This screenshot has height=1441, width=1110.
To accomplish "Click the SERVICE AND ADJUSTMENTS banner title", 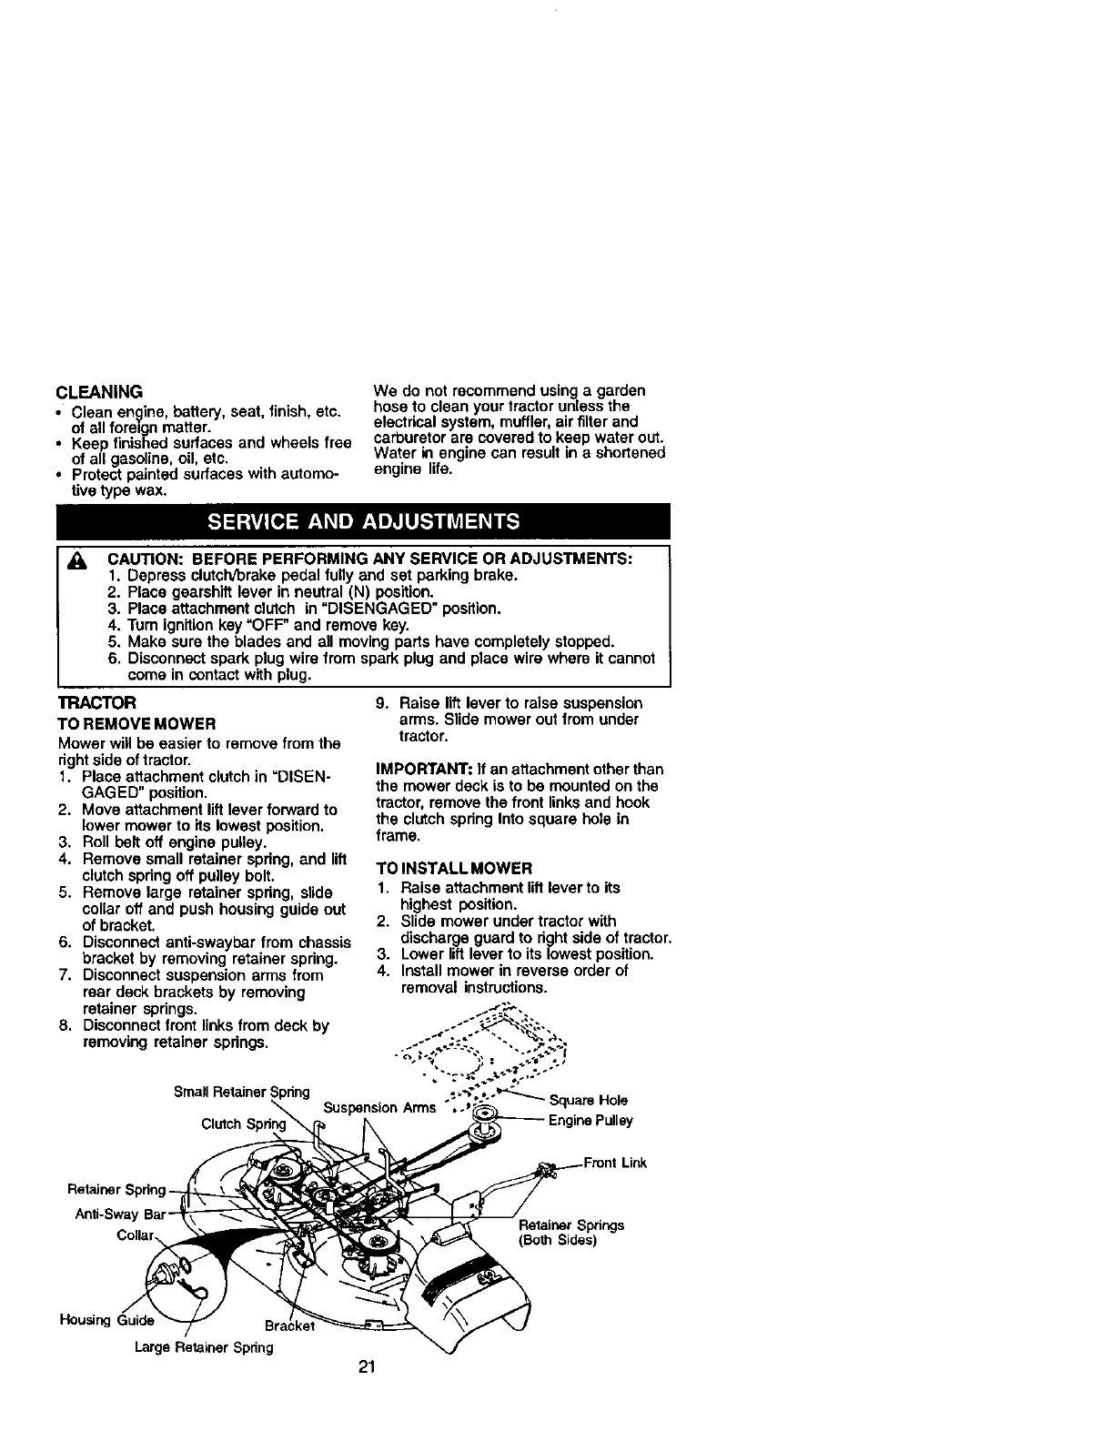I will point(364,521).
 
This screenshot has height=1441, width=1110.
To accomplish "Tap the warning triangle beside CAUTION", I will point(77,560).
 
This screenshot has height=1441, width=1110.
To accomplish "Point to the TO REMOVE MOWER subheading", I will point(136,724).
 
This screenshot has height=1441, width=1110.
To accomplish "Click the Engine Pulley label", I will point(590,1121).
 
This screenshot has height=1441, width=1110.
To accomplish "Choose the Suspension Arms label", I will point(373,1108).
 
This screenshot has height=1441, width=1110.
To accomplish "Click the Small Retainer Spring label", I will point(241,1092).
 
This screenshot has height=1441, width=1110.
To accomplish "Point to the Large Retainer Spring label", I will point(203,1347).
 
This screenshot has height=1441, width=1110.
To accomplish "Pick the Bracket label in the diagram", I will point(289,1326).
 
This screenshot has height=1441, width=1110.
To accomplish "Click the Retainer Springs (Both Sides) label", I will point(570,1233).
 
